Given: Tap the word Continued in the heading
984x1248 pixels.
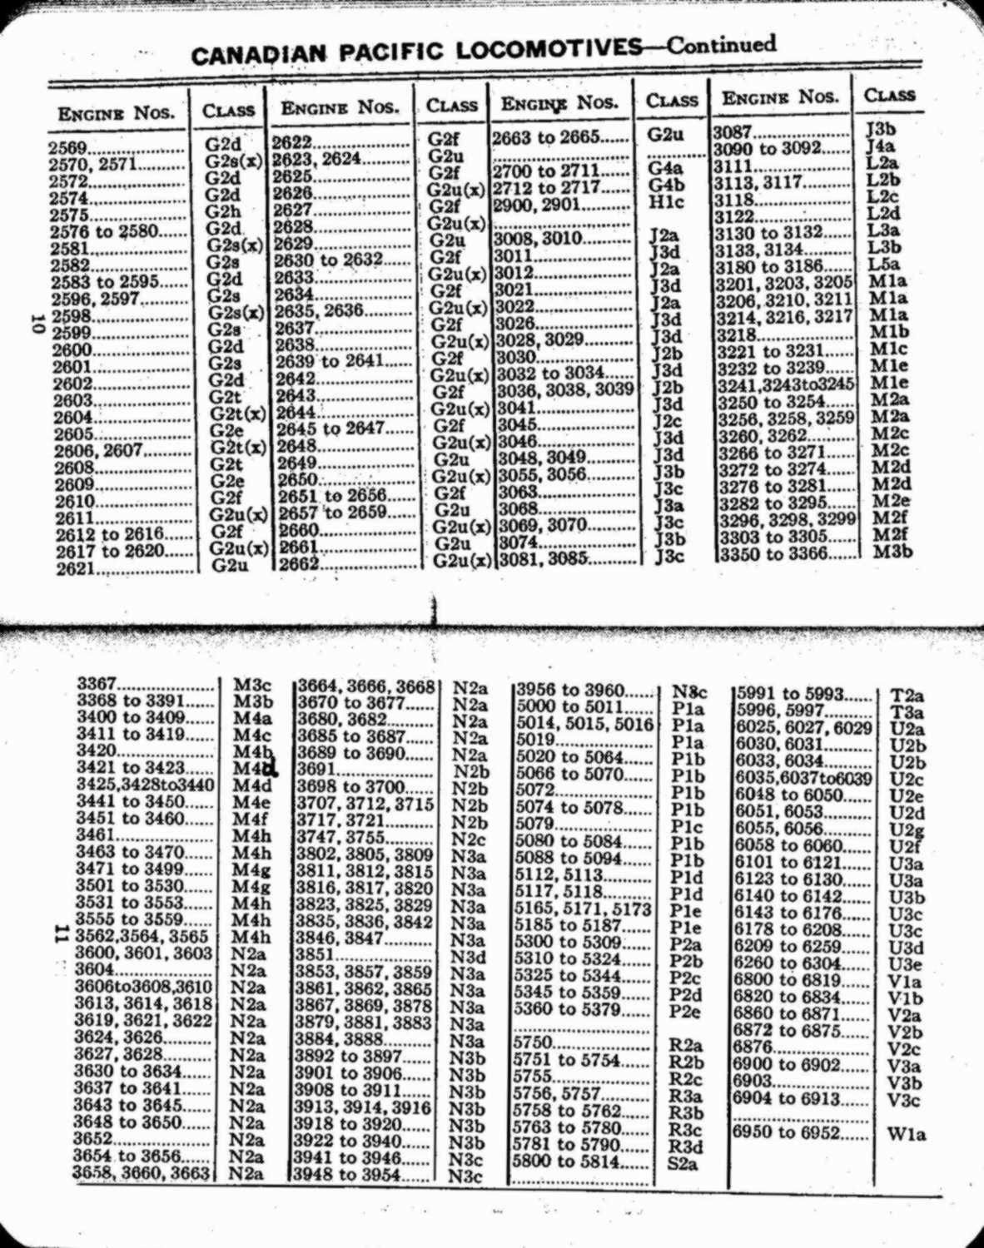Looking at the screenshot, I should click(x=721, y=43).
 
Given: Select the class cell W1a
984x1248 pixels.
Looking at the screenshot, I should click(x=907, y=1134).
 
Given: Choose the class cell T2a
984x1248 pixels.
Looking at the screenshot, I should click(x=907, y=696).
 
